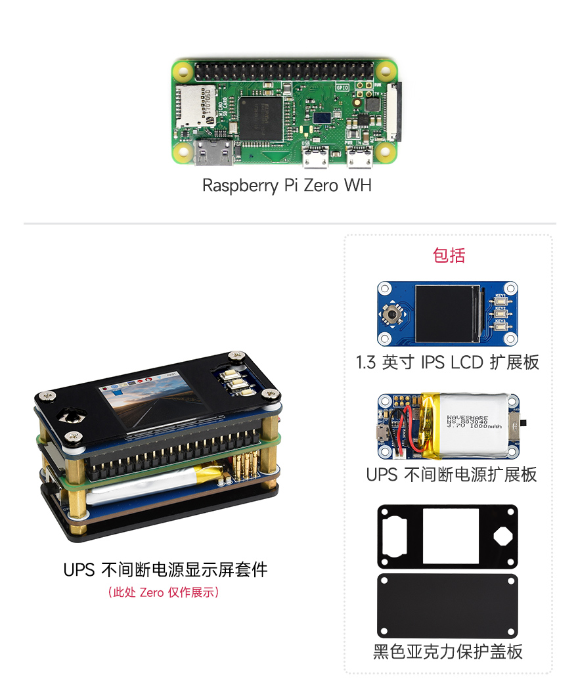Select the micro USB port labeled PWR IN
pyautogui.click(x=359, y=158)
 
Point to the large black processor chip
pyautogui.click(x=260, y=118)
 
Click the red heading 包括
pyautogui.click(x=449, y=255)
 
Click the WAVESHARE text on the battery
pyautogui.click(x=467, y=417)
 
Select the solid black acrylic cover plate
pyautogui.click(x=447, y=605)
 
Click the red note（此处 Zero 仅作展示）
pyautogui.click(x=163, y=592)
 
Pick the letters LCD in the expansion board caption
pyautogui.click(x=466, y=362)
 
